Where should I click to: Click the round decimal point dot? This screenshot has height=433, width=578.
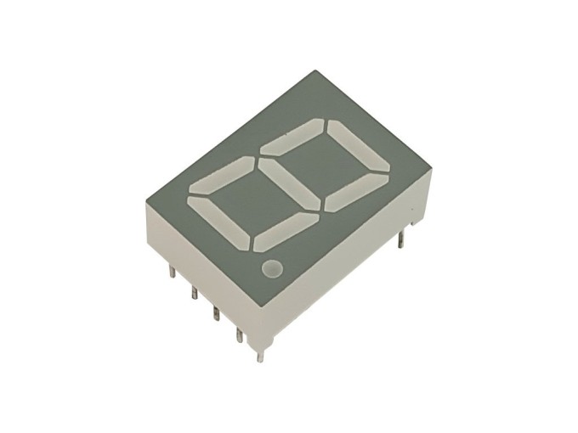[x=272, y=270]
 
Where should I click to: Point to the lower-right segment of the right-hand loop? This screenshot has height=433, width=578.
[x=355, y=190]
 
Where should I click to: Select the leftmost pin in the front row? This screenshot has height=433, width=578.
[x=172, y=272]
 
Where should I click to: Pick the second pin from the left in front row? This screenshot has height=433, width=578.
[x=195, y=293]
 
